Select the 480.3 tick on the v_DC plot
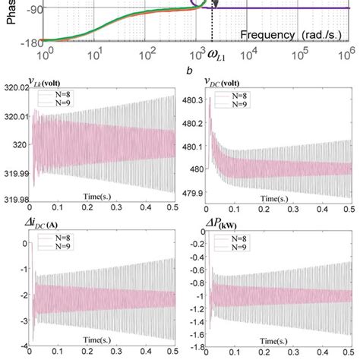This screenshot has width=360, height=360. [193, 99]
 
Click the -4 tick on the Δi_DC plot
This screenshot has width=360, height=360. [24, 347]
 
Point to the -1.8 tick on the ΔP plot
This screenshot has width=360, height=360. [194, 347]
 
